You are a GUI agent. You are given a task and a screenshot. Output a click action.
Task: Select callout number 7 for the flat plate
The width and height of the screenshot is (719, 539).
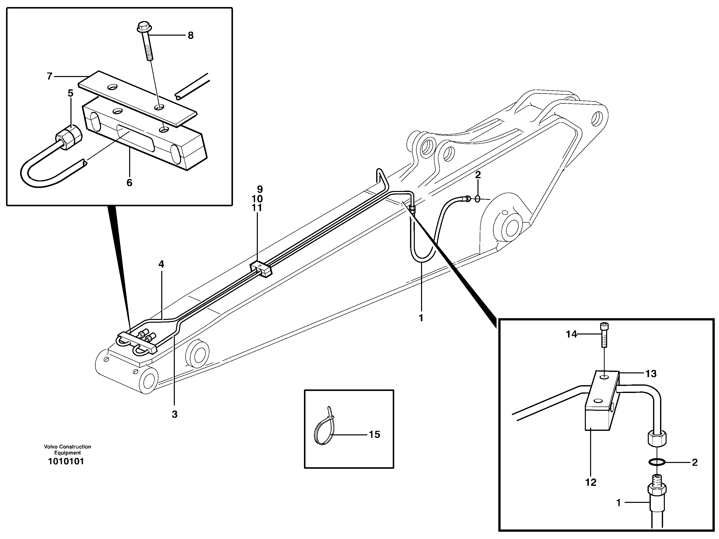click(x=49, y=77)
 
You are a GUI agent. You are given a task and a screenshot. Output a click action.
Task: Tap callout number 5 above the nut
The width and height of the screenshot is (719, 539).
click(x=70, y=93)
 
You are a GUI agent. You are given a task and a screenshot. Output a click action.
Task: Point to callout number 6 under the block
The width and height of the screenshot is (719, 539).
click(x=129, y=183)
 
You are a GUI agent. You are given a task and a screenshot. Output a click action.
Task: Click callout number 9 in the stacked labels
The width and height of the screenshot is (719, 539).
click(x=259, y=189)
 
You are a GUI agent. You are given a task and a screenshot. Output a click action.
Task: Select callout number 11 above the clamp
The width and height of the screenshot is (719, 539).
click(x=257, y=208)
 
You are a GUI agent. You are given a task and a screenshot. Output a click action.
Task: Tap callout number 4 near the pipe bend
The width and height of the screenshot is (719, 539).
click(x=161, y=264)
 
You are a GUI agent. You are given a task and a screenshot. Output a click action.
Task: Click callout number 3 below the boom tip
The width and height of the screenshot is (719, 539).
click(x=175, y=415)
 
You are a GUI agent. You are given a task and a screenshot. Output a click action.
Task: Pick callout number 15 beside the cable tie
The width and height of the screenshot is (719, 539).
click(x=374, y=435)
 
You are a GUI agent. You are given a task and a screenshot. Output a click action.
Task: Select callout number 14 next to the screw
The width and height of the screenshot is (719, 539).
click(x=571, y=334)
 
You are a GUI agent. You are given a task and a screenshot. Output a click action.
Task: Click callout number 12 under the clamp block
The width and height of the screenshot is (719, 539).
click(x=591, y=482)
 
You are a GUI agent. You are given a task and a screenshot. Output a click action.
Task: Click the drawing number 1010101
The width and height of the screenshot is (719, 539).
click(x=66, y=461)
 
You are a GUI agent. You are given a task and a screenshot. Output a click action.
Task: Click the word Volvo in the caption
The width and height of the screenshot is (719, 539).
click(x=50, y=447)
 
